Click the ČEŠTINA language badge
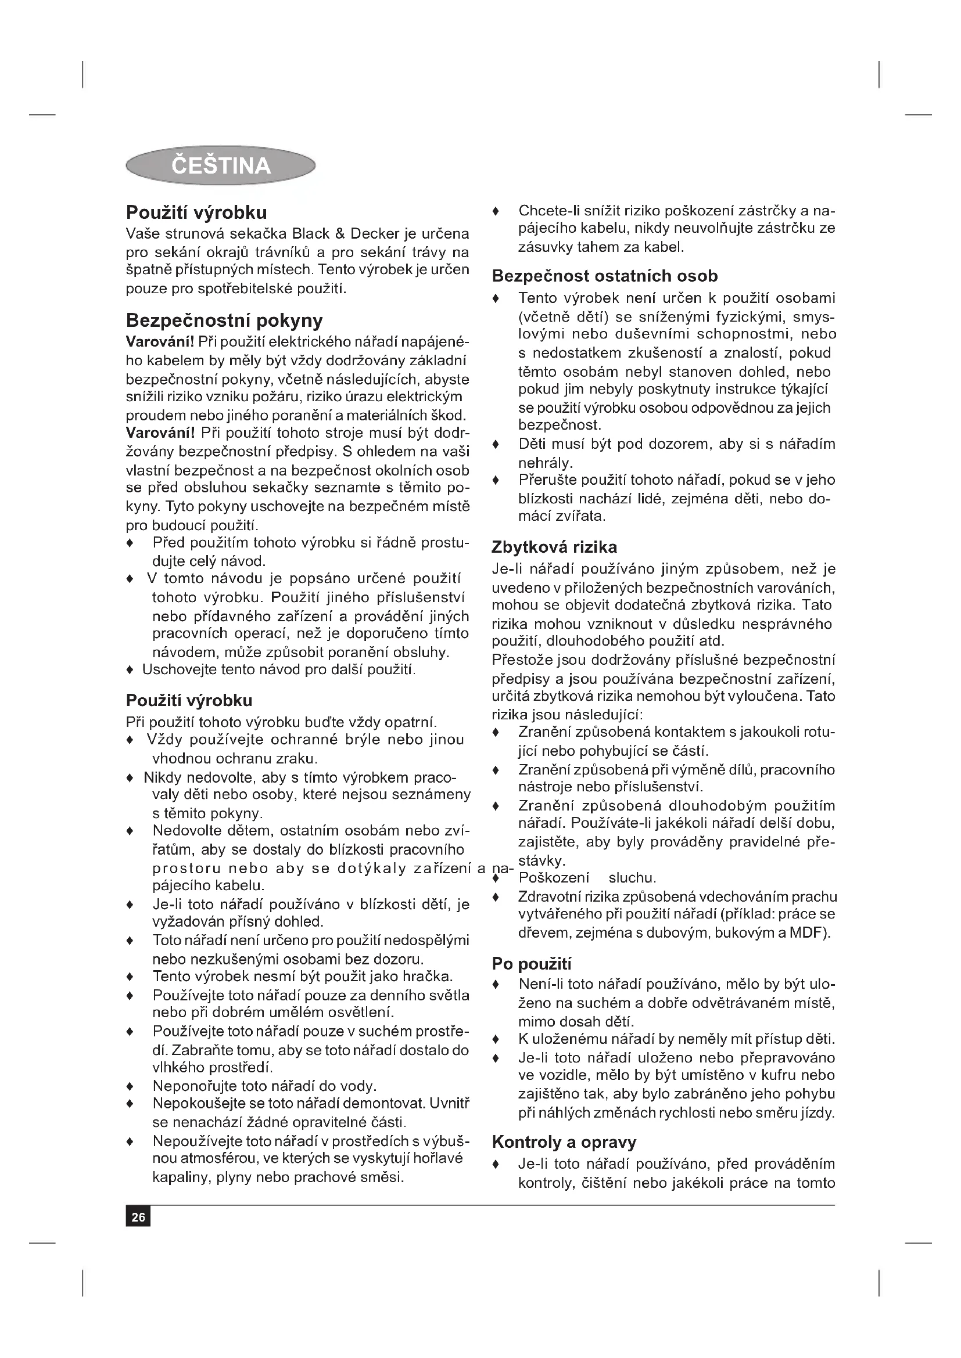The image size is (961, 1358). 220,165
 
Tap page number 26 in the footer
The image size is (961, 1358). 138,1217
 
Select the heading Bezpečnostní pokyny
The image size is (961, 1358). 224,320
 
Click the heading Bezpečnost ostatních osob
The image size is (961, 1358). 605,276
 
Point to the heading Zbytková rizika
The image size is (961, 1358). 554,546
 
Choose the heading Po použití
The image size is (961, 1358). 532,964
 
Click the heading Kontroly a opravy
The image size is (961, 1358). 564,1142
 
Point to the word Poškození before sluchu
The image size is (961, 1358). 554,878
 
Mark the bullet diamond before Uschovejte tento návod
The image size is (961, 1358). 130,670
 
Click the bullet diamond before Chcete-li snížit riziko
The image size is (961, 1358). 496,211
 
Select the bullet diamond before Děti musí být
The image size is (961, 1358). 496,444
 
